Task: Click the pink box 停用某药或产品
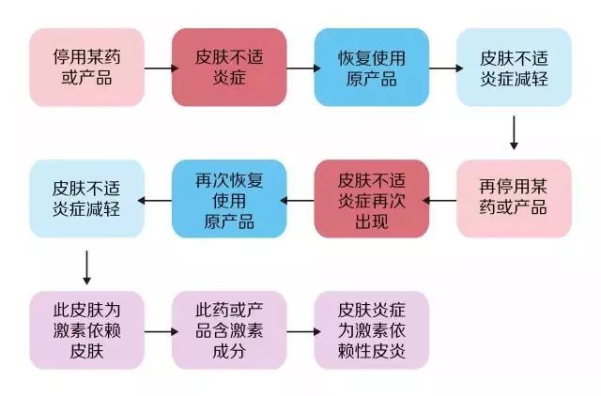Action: point(86,67)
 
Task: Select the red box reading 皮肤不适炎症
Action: point(229,67)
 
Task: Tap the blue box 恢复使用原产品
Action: point(371,67)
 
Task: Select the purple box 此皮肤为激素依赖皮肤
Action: point(86,329)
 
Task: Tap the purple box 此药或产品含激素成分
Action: point(229,329)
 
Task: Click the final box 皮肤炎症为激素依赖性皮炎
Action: point(371,329)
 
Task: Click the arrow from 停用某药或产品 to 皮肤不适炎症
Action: point(158,67)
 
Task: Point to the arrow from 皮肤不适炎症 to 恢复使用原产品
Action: point(300,67)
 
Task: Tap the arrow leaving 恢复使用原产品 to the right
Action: point(442,67)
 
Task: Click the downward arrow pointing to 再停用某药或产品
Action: point(514,132)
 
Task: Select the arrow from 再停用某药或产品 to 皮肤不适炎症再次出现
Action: point(442,199)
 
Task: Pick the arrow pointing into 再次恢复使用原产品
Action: point(300,199)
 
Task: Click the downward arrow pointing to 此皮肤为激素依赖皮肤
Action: point(86,266)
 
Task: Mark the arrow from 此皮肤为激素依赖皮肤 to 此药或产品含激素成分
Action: point(158,330)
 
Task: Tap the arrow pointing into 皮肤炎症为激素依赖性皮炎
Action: point(300,330)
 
